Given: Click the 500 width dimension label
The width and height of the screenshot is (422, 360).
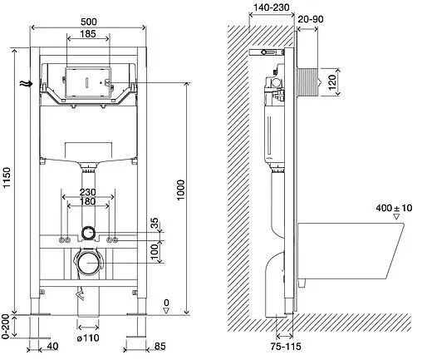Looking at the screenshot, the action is coord(89,22).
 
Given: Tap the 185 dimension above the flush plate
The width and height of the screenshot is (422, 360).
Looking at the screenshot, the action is coord(88,34).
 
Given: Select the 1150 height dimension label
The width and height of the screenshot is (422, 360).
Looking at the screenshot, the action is coord(7,177).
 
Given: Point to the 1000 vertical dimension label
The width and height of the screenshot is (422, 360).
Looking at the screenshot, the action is coord(180,190).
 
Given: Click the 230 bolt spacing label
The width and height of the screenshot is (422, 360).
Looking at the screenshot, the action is coord(88,192).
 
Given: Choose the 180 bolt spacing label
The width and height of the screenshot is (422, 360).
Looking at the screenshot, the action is coord(88,201).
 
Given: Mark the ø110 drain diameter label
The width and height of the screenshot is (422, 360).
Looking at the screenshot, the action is coord(88,338).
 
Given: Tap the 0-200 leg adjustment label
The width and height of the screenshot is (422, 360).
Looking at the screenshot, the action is coord(6,327).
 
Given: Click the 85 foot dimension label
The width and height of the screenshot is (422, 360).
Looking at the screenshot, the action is coord(159,346).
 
